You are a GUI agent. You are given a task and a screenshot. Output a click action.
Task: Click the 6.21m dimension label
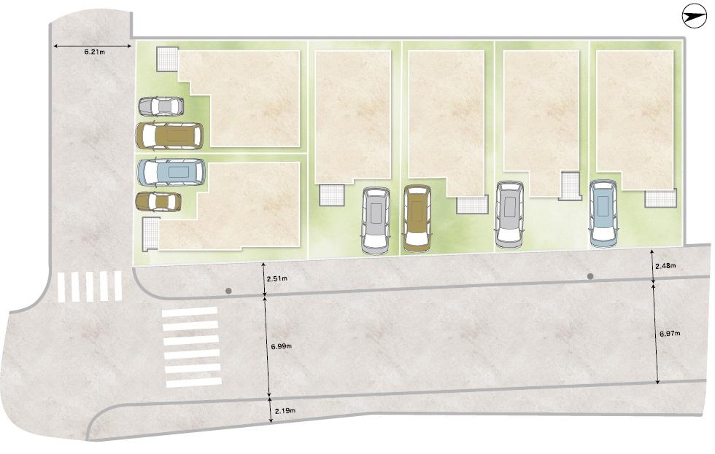(95, 53)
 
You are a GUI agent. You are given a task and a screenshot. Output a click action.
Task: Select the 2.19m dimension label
(285, 412)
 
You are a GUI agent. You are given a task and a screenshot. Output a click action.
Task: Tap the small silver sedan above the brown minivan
(161, 106)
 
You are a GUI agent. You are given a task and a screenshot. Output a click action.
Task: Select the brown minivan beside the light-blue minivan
(169, 136)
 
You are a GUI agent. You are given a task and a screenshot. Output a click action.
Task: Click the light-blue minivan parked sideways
(171, 172)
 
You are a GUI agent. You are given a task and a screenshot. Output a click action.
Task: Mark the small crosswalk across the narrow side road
(90, 286)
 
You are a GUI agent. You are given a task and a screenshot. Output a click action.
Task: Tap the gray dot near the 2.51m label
(229, 291)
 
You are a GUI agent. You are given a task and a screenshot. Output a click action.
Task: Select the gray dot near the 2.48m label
(590, 277)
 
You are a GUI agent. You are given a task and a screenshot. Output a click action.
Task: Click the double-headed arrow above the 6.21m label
(93, 45)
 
